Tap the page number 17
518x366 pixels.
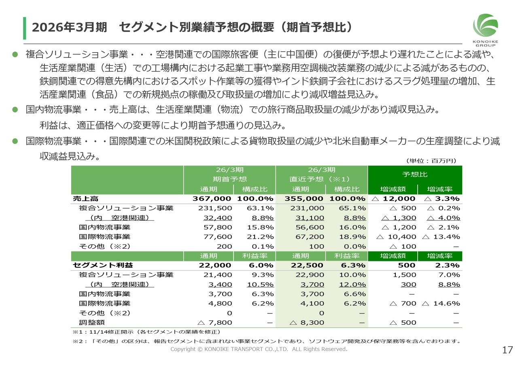[507, 350]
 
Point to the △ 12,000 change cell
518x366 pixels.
[393, 199]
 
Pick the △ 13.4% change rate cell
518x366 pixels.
[441, 237]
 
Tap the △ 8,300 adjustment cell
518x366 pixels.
[308, 322]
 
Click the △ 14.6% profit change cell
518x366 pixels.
[441, 303]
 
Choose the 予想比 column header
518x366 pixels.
[415, 174]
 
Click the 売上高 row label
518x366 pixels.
[86, 199]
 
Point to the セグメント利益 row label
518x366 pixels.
[103, 265]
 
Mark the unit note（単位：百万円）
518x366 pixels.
[431, 161]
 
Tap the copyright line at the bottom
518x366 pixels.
[259, 349]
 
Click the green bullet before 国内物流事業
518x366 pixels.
[15, 110]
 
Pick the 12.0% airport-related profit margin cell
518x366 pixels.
[352, 284]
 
